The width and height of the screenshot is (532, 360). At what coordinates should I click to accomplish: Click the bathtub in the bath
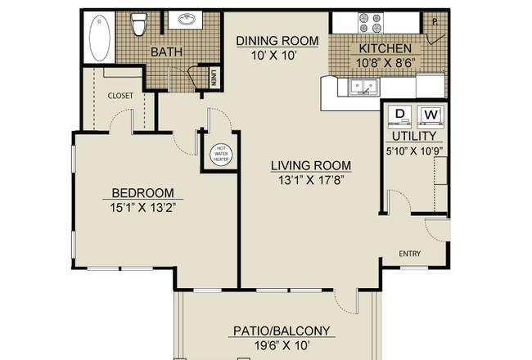coord(99,38)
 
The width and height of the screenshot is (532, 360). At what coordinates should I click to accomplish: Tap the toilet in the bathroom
coord(138,24)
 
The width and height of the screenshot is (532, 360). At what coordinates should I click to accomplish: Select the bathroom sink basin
coord(186,19)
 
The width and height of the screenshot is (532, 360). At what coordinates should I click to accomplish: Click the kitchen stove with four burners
coord(371,23)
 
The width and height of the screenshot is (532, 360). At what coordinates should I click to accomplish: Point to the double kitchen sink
coord(364,86)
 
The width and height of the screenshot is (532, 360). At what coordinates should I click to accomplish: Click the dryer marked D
coord(399,115)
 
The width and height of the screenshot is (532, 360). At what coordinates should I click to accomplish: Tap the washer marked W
coord(431,115)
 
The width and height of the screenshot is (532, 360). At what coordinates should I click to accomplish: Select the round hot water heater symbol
coord(221,154)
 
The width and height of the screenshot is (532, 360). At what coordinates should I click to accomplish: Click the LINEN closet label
coord(214,78)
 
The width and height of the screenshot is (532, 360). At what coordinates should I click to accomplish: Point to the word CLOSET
coord(120,96)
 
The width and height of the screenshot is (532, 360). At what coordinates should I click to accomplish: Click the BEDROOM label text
coord(143,193)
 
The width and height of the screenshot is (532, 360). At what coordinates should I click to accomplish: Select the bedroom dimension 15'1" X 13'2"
coord(143,207)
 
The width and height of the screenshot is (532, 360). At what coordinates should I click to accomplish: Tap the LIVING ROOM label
coord(311,165)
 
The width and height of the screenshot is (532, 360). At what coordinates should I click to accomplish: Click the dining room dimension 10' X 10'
coord(274,56)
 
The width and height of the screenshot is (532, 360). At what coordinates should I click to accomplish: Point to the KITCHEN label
coord(385,48)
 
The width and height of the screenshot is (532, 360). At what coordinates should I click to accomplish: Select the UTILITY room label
coord(414,136)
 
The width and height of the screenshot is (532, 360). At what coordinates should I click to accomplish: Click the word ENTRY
coord(409,254)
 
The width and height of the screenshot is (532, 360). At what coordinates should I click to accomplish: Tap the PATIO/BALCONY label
coord(282,331)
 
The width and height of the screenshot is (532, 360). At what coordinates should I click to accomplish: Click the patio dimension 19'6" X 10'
coord(282,345)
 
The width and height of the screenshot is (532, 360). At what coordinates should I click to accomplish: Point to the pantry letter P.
coord(435,22)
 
